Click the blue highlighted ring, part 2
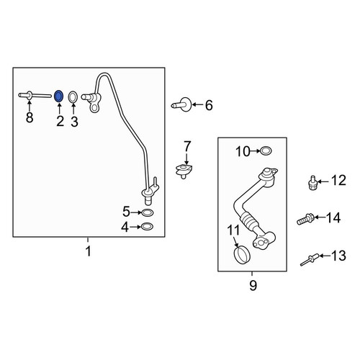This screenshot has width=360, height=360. click(59, 96)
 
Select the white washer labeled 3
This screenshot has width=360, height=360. click(73, 97)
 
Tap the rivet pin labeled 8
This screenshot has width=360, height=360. click(35, 96)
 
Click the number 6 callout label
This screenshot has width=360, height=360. click(209, 105)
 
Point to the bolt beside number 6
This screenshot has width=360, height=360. click(181, 104)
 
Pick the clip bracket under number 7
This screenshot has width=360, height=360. click(184, 171)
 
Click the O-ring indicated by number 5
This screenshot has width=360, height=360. click(148, 212)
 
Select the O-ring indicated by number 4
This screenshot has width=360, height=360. click(147, 226)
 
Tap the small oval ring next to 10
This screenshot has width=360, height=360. click(266, 150)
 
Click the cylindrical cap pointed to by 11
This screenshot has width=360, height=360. click(242, 255)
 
